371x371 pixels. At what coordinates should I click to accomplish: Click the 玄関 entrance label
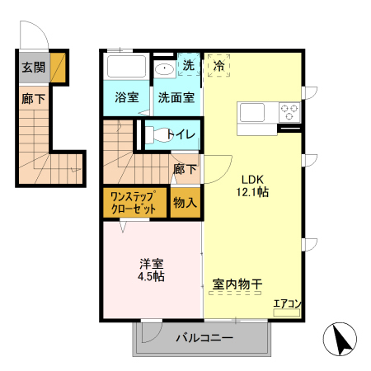(x=34, y=68)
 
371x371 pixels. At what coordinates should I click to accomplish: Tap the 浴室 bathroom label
(x=127, y=97)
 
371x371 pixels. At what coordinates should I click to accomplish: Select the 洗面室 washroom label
(x=176, y=97)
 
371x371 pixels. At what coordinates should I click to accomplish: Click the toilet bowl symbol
(x=157, y=135)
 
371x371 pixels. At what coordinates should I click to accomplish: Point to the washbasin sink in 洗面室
(x=164, y=68)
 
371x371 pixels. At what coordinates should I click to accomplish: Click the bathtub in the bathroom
(x=126, y=66)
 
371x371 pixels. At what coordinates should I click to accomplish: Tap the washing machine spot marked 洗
(x=189, y=65)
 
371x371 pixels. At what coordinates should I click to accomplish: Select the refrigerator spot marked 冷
(x=218, y=66)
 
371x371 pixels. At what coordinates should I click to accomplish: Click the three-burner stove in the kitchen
(x=289, y=112)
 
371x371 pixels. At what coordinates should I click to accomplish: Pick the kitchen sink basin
(x=252, y=112)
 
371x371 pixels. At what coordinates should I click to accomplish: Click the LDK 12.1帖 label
(x=252, y=185)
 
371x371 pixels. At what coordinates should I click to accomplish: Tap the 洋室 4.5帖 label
(x=151, y=270)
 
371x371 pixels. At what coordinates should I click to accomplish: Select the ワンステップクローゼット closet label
(x=134, y=203)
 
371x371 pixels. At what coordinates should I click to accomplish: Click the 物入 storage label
(x=185, y=203)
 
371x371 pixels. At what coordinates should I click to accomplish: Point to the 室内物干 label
(x=237, y=284)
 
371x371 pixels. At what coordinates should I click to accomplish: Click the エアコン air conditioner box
(x=286, y=312)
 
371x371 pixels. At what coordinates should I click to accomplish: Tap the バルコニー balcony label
(x=204, y=338)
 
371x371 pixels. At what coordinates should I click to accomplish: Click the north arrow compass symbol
(x=340, y=339)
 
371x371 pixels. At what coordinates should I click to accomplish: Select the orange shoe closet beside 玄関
(x=58, y=68)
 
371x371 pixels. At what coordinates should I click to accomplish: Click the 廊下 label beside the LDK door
(x=185, y=169)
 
